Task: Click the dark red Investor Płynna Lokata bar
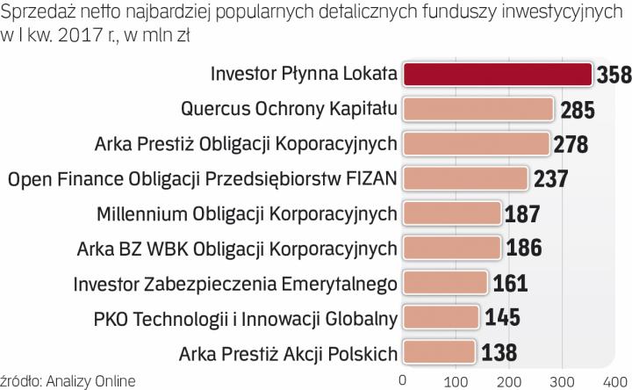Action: [x=497, y=74]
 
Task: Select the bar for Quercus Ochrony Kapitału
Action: [x=478, y=109]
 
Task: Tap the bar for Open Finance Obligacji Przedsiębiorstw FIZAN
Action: [x=465, y=179]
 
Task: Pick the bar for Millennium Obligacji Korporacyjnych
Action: [x=452, y=214]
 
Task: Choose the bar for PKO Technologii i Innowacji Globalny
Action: [x=441, y=317]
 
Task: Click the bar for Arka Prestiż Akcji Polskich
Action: [x=439, y=352]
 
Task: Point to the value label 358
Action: [x=614, y=75]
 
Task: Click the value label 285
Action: [x=576, y=110]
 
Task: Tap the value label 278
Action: [x=571, y=144]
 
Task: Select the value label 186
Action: [x=524, y=249]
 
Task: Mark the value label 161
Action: [x=509, y=283]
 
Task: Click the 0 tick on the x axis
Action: [x=403, y=380]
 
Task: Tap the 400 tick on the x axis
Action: [x=614, y=380]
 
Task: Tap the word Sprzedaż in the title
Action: [x=34, y=11]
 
